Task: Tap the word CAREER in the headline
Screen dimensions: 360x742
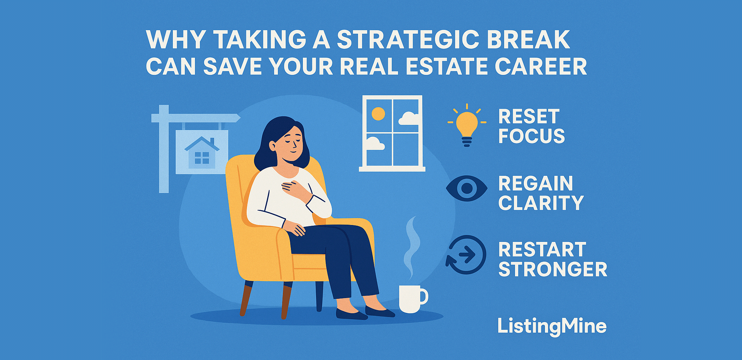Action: coord(541,66)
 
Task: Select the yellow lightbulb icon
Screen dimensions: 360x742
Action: coord(467,125)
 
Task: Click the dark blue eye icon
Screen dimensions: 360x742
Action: coord(467,188)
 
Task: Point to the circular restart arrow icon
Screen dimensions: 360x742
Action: coord(466,255)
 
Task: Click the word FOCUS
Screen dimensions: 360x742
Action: coord(532,136)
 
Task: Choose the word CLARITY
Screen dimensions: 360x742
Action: coord(541,203)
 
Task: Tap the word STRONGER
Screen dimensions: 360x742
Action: coord(553,269)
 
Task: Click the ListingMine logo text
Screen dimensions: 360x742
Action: coord(552,326)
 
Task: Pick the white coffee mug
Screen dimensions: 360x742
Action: coord(411,299)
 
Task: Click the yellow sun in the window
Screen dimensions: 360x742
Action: coord(378,114)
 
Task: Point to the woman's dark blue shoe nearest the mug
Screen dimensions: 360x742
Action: coord(379,311)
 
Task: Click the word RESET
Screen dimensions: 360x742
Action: coord(528,116)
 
